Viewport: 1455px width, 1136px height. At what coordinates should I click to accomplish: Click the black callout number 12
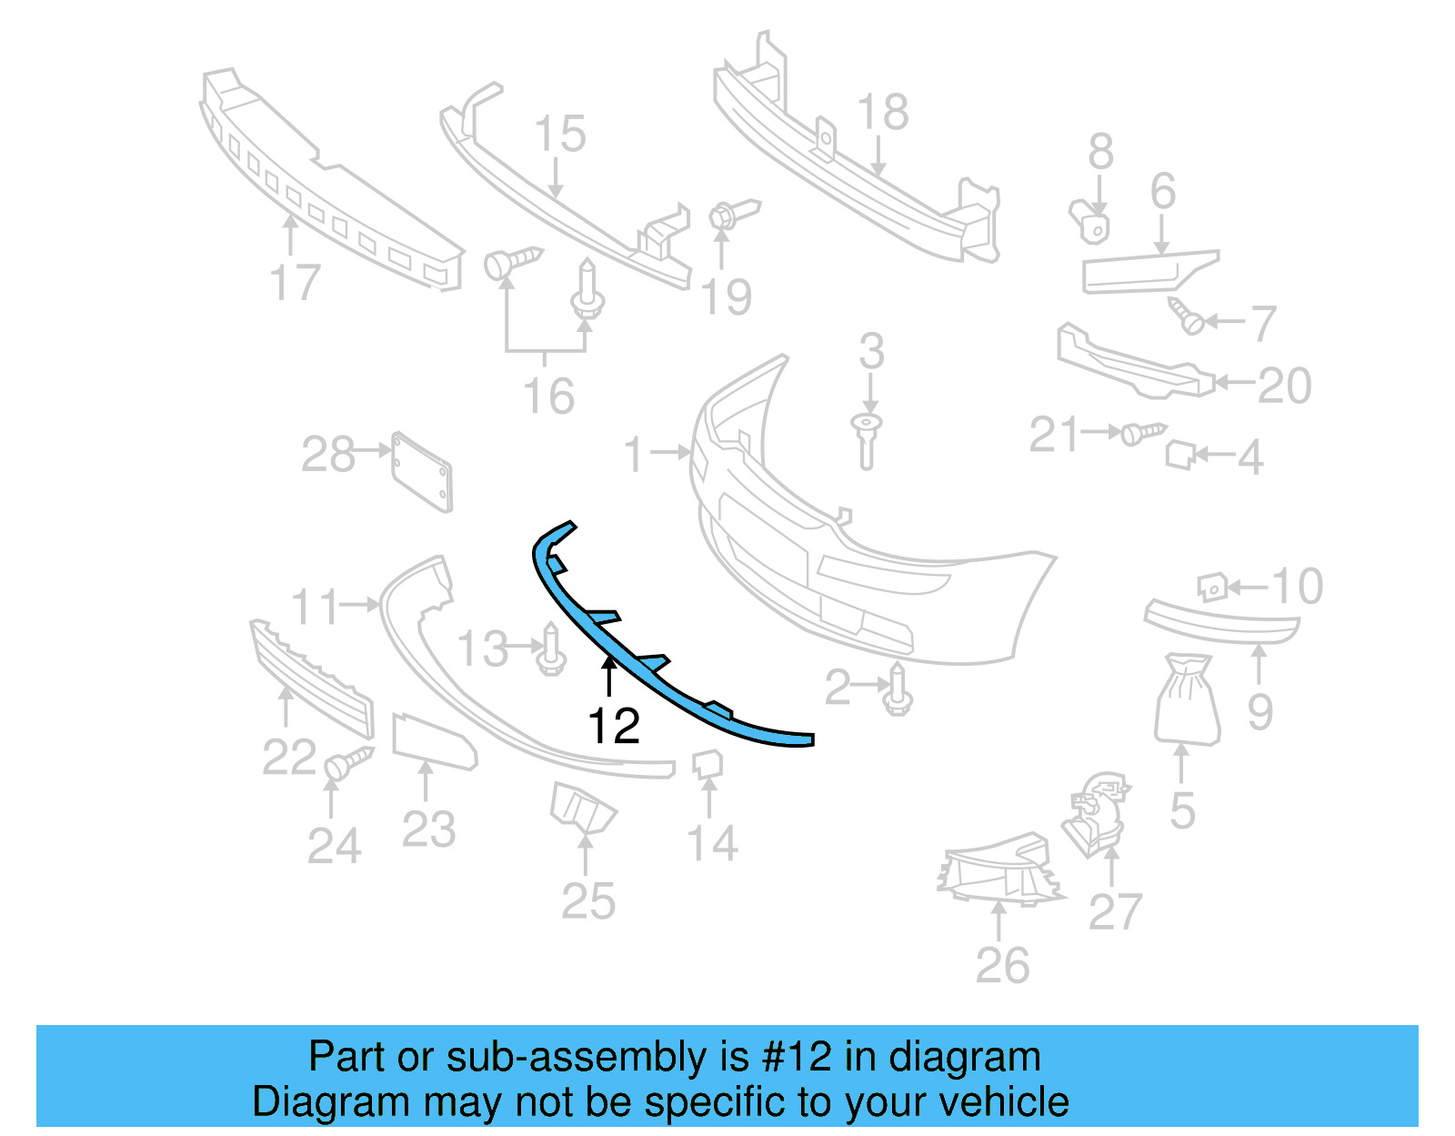pos(614,726)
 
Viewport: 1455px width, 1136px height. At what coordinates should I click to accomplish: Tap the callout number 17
pos(296,283)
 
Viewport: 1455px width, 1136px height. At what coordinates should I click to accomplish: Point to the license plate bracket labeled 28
pos(422,472)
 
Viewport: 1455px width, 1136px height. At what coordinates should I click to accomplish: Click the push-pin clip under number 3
pos(868,440)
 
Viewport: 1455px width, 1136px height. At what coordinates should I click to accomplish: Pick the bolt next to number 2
pos(898,689)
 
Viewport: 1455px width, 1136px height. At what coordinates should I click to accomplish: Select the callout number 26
pos(1002,965)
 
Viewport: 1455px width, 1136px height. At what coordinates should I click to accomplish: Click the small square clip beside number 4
pos(1180,454)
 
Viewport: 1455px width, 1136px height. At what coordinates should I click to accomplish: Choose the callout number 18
pos(882,113)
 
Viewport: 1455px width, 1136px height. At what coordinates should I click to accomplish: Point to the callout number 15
pos(559,135)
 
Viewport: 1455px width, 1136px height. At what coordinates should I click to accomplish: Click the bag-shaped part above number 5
pos(1187,699)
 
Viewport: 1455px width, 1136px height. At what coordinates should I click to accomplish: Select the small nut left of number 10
pos(1213,587)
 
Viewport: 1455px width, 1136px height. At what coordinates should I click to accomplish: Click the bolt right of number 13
pos(551,649)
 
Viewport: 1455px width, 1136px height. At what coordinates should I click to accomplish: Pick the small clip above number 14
pos(708,763)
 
